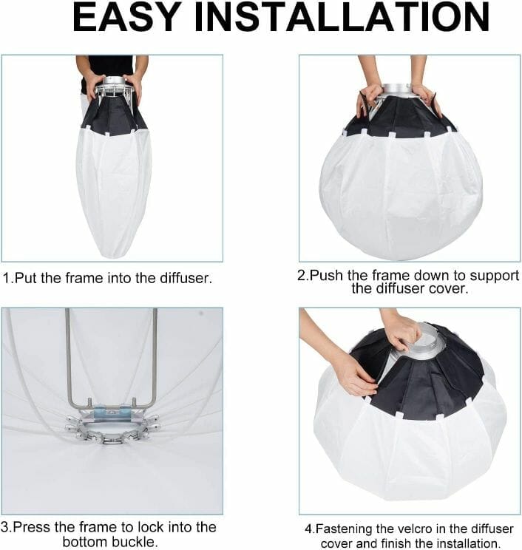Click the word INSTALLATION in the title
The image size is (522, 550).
pyautogui.click(x=345, y=18)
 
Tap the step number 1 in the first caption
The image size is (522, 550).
pyautogui.click(x=7, y=279)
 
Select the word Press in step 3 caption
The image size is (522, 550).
pyautogui.click(x=34, y=527)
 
